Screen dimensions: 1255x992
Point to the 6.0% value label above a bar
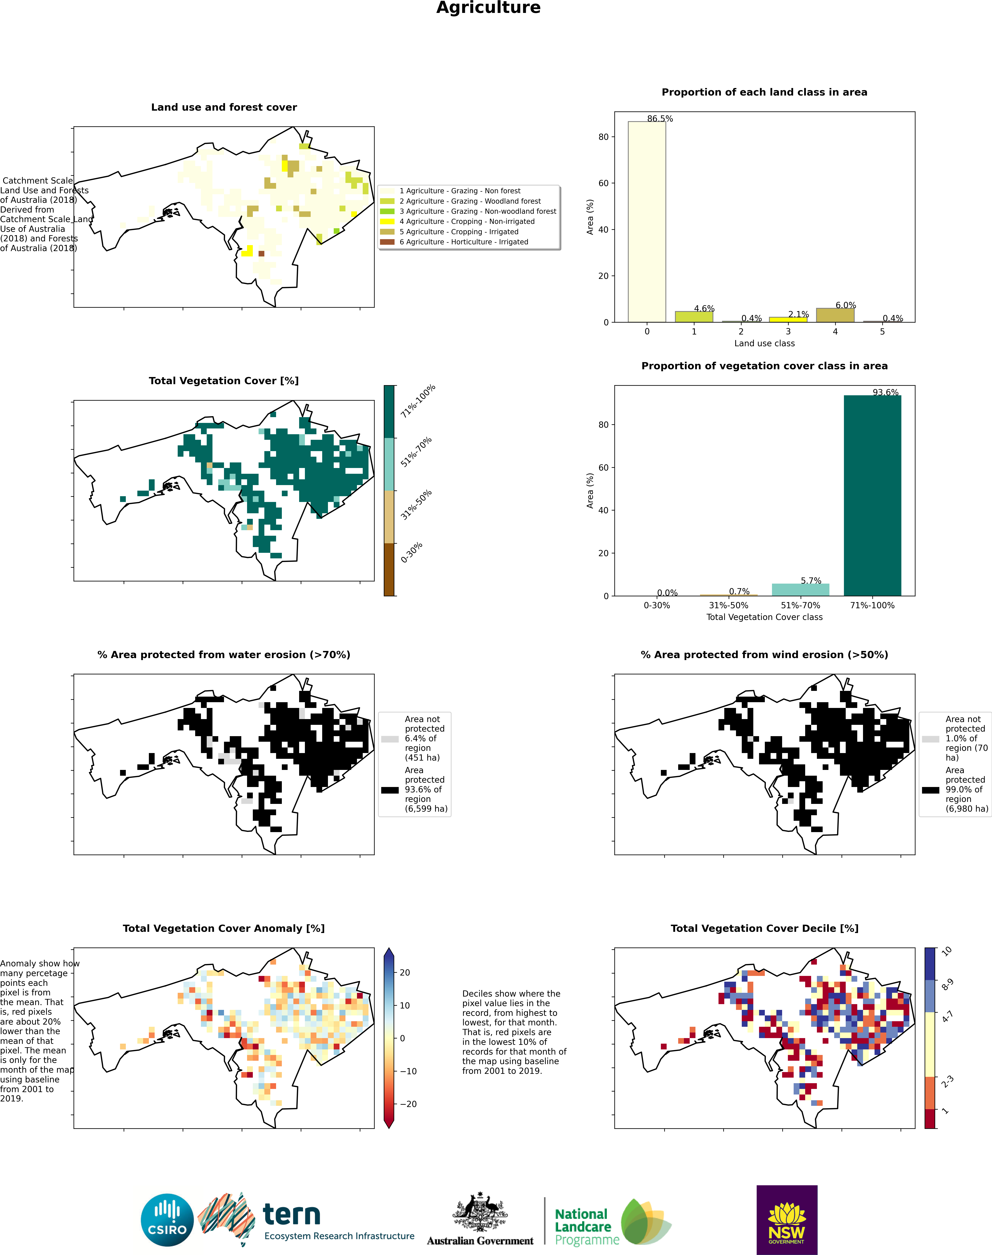point(846,305)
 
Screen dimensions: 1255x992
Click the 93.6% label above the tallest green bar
point(885,392)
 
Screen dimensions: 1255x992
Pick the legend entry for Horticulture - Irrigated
point(464,242)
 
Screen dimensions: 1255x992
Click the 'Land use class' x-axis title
point(764,343)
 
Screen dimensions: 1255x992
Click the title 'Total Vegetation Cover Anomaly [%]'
point(224,928)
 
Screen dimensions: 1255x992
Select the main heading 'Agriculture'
point(489,8)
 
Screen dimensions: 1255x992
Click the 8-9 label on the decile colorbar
point(947,984)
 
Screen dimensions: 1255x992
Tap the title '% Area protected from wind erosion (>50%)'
point(764,655)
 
